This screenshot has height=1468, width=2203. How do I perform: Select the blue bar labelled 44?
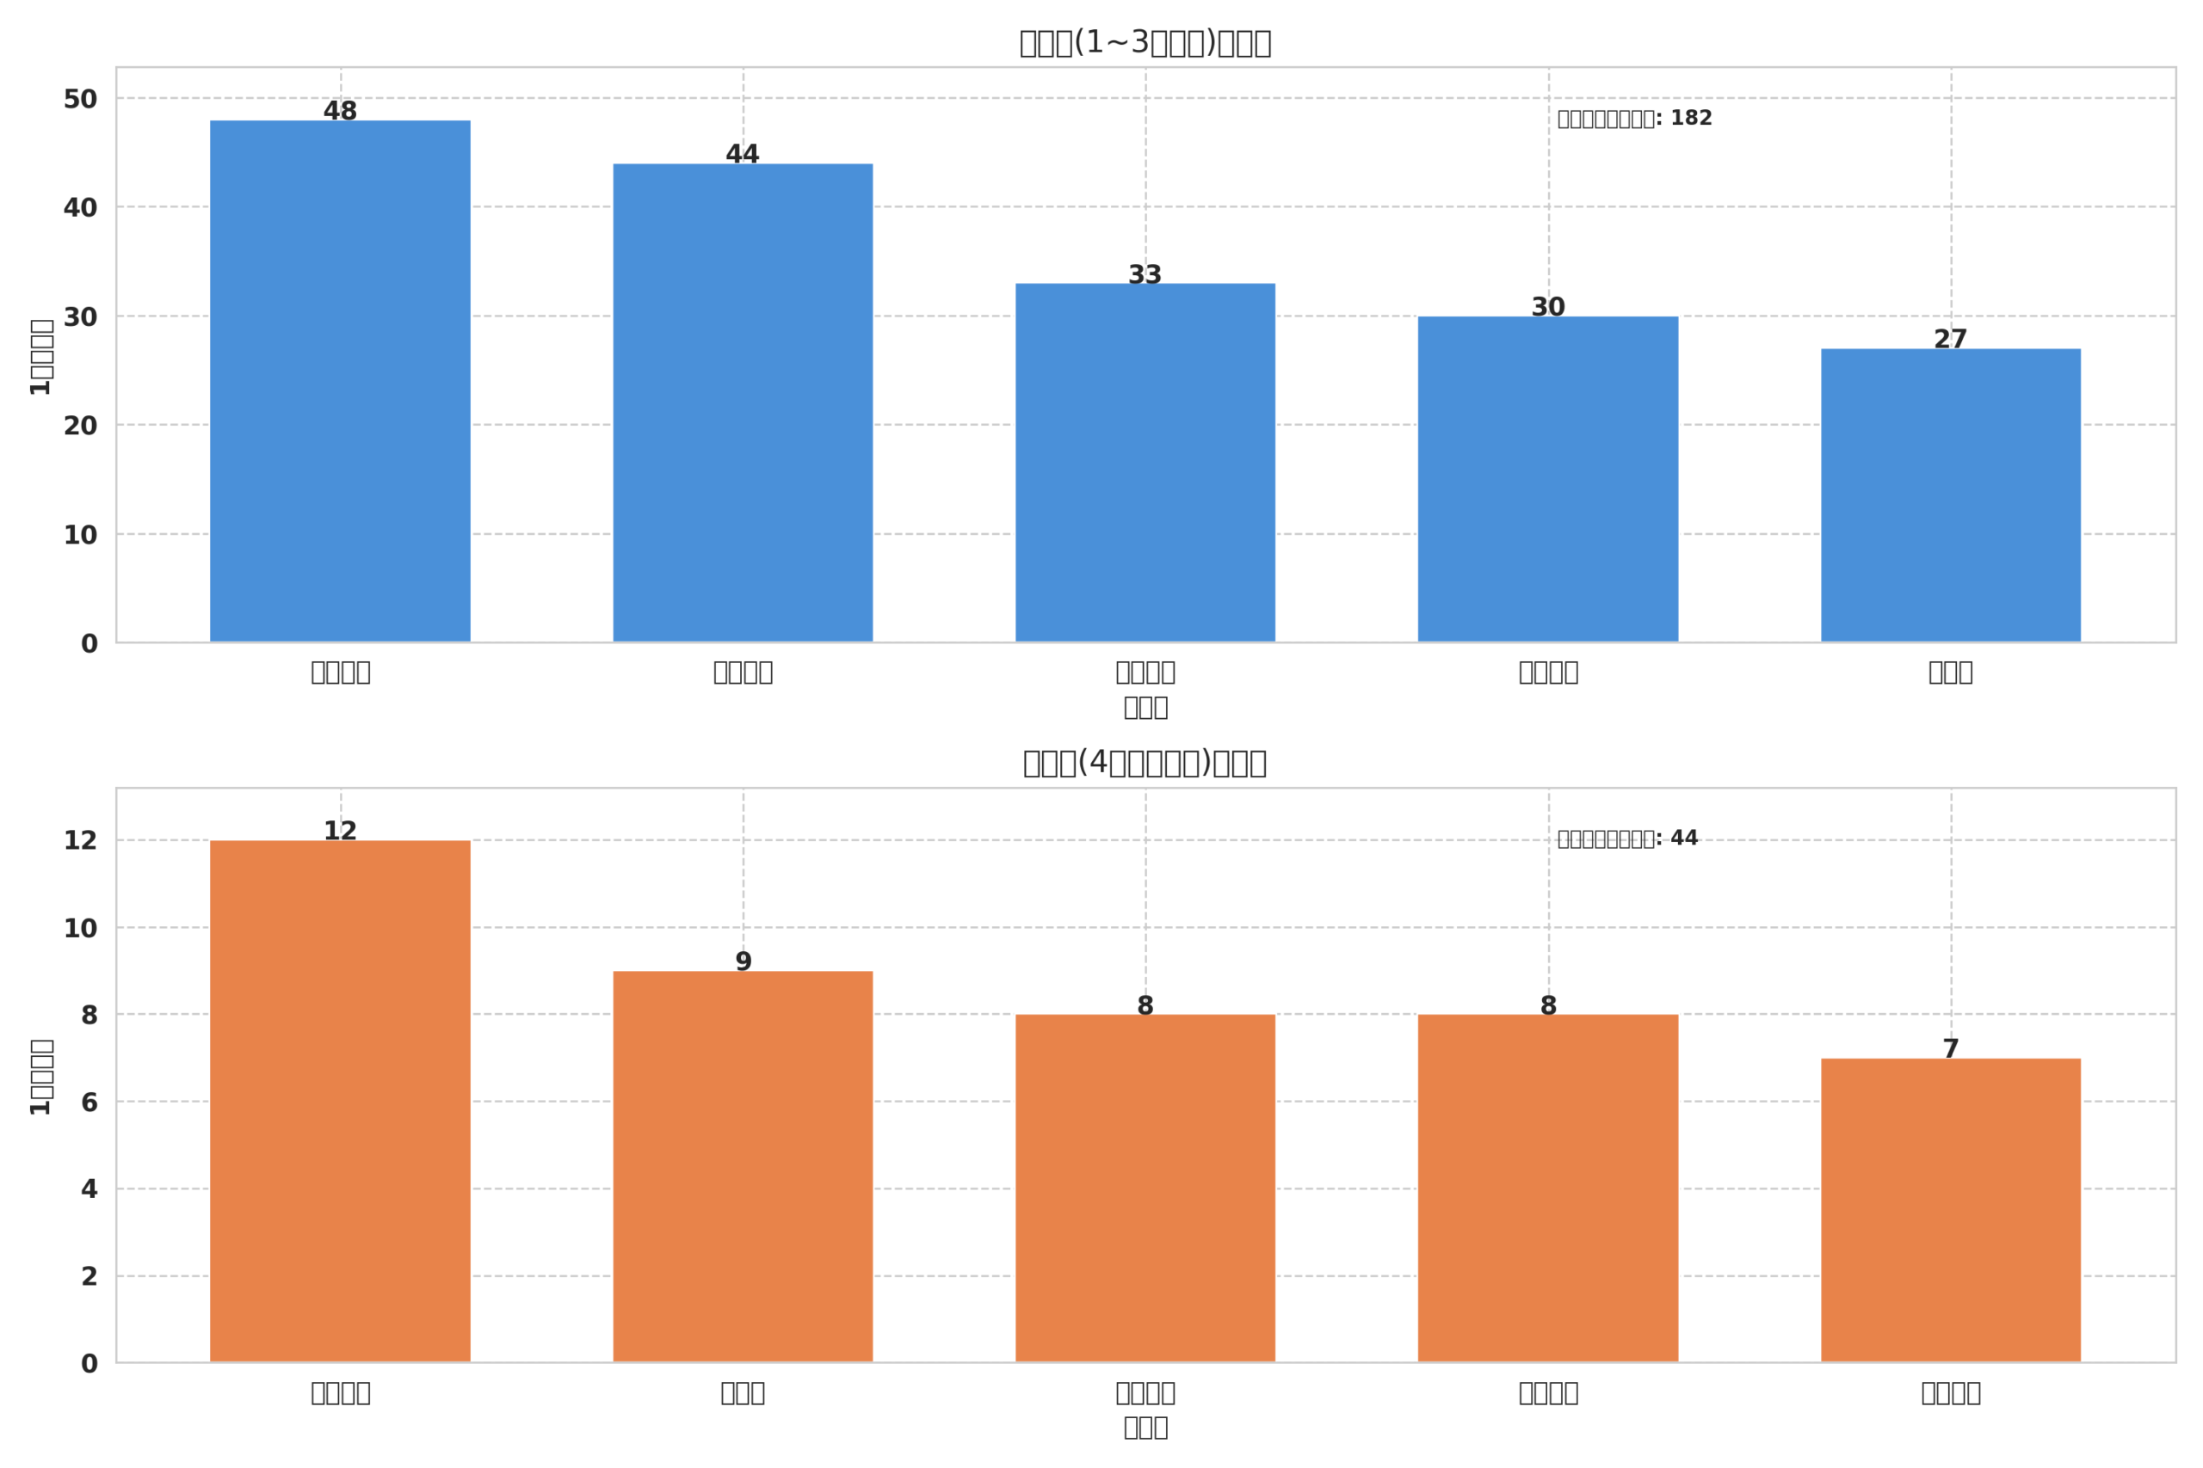click(x=743, y=402)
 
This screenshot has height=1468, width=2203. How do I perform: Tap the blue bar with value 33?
click(x=1145, y=463)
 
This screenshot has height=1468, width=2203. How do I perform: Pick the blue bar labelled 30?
click(x=1547, y=479)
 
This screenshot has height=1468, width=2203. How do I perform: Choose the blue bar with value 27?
click(x=1950, y=495)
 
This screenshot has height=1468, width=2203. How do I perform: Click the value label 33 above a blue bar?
click(x=1145, y=275)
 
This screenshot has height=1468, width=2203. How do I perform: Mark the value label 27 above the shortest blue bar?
click(x=1950, y=340)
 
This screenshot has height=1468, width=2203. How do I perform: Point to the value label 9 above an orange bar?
click(x=743, y=962)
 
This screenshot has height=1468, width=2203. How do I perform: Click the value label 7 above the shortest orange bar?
click(x=1950, y=1049)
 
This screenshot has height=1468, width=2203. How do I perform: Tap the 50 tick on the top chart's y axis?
click(x=81, y=99)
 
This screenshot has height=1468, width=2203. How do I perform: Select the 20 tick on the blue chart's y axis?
click(x=81, y=426)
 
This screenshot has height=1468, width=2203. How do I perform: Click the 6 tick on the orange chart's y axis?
click(x=89, y=1103)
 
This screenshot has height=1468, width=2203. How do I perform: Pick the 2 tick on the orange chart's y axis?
click(x=89, y=1277)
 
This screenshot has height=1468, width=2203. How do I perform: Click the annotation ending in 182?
click(x=1634, y=119)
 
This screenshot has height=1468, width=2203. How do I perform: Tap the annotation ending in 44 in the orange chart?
click(x=1627, y=838)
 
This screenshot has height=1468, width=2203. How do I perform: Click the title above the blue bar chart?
click(x=1145, y=43)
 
